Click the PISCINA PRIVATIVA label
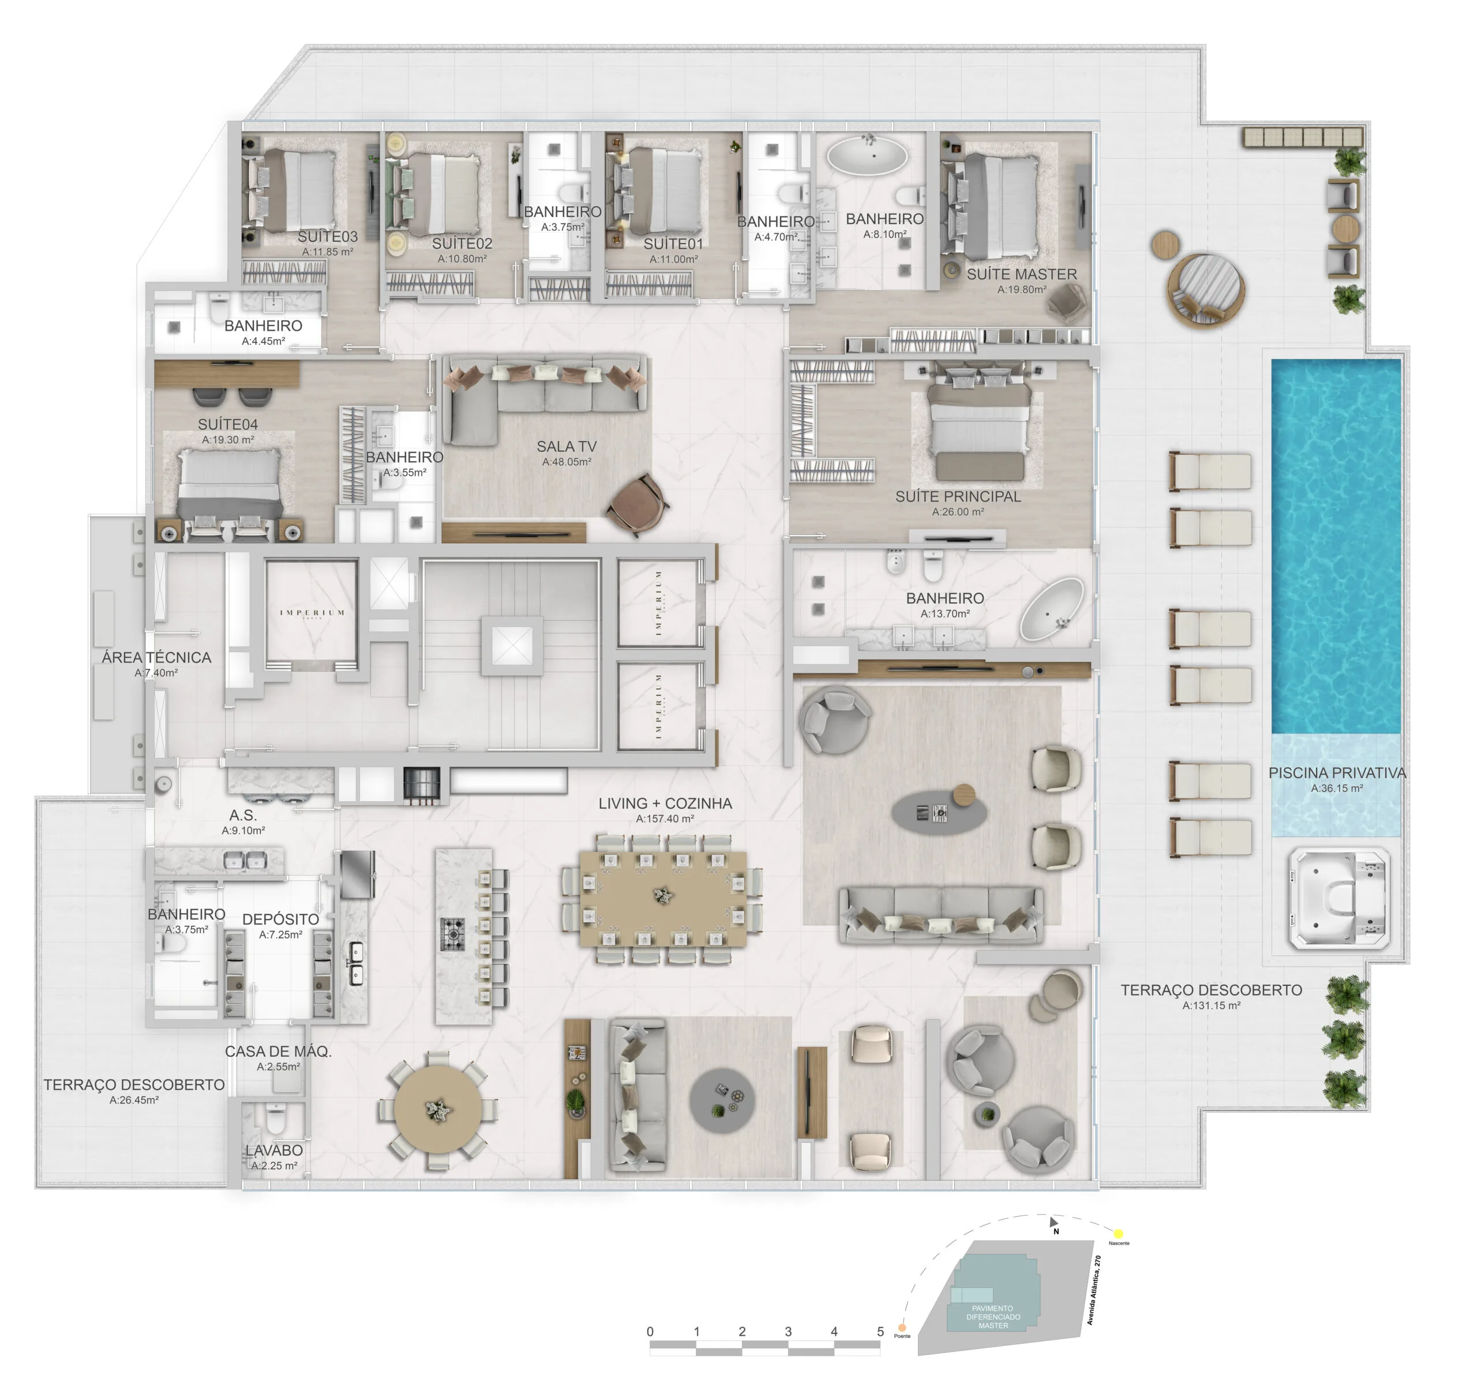pyautogui.click(x=1337, y=773)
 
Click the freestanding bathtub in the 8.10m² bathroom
pyautogui.click(x=867, y=157)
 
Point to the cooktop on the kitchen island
pyautogui.click(x=452, y=934)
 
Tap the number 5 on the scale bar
pyautogui.click(x=880, y=1332)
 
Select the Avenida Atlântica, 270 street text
pyautogui.click(x=1094, y=1290)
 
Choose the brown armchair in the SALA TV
pyautogui.click(x=637, y=504)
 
